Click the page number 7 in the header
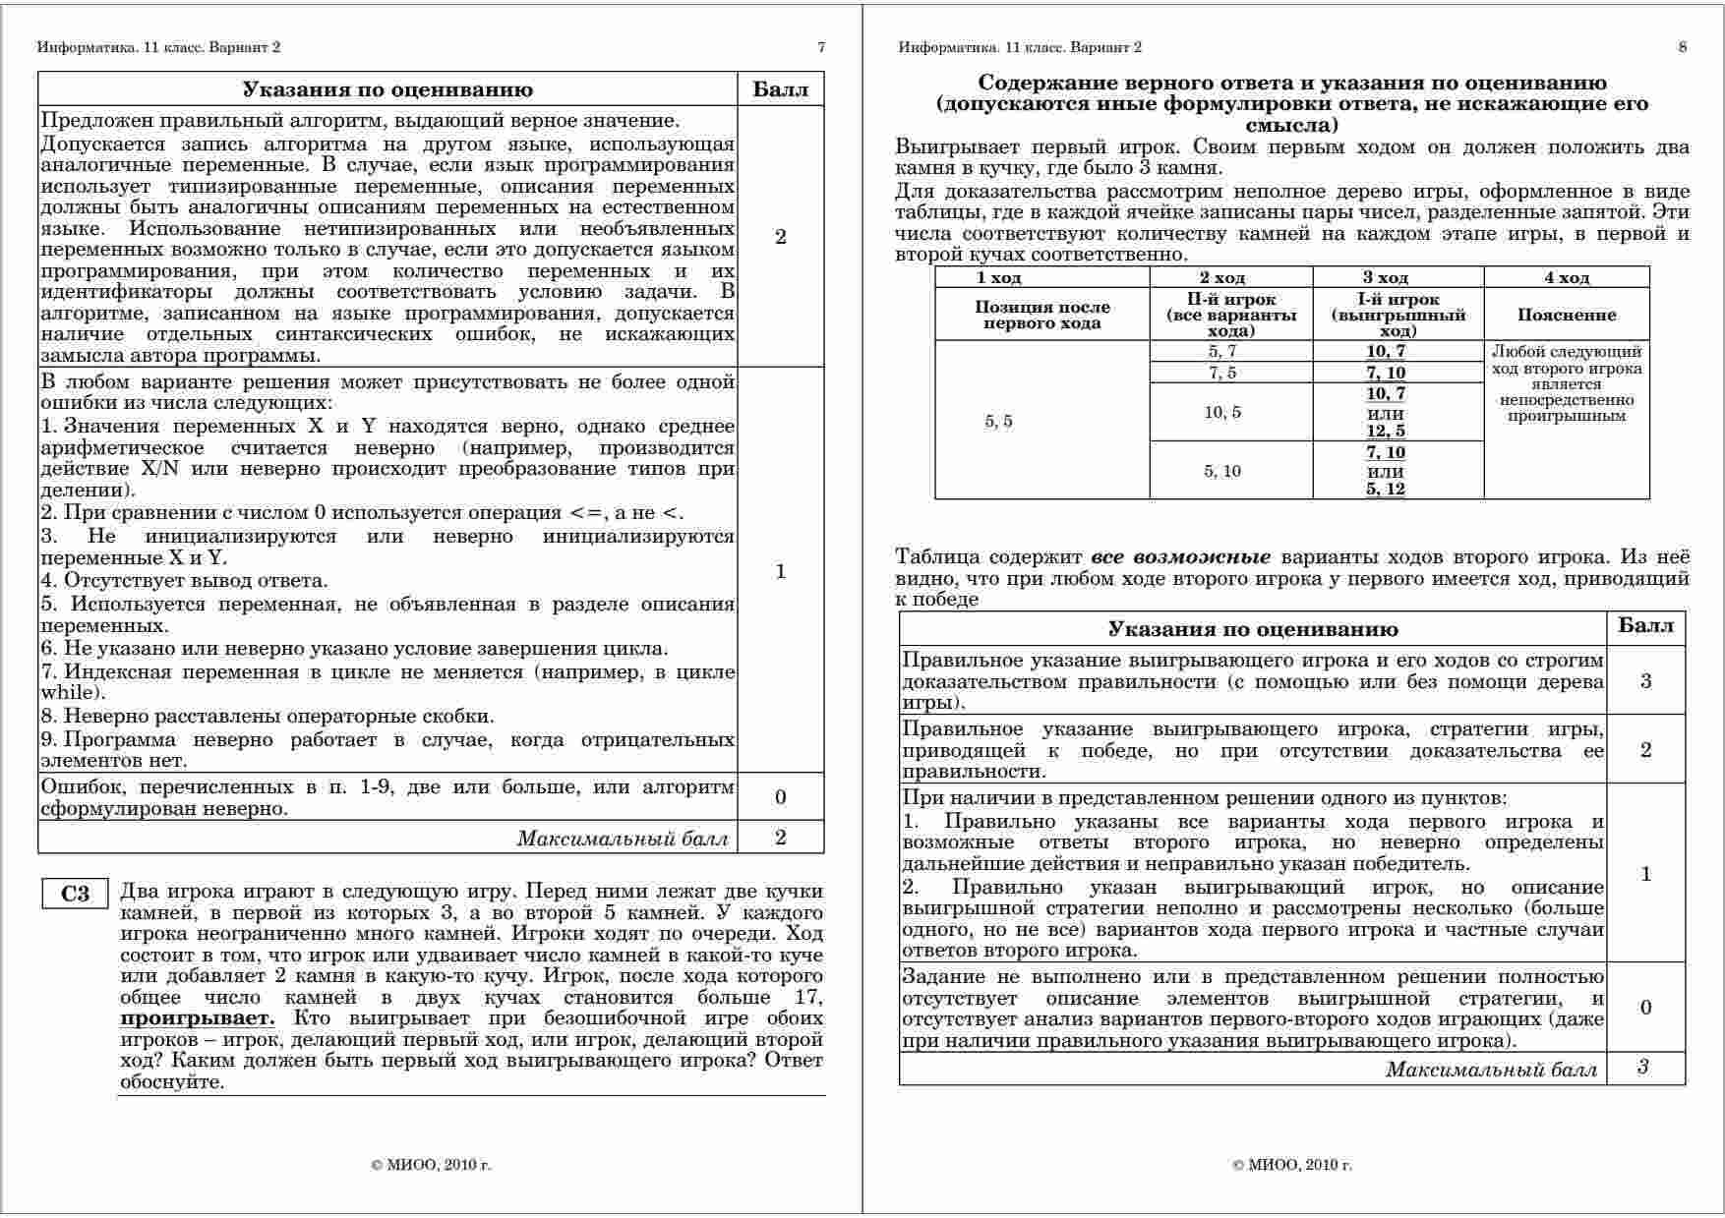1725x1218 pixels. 821,47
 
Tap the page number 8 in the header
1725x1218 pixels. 1683,47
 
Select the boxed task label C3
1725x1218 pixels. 75,894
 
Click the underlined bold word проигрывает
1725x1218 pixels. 198,1018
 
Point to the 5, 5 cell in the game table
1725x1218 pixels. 999,422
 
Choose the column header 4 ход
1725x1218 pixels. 1567,278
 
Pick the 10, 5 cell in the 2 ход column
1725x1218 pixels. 1222,413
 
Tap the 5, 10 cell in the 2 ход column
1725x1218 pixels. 1222,472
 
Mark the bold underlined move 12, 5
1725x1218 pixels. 1385,432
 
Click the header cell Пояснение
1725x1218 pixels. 1567,316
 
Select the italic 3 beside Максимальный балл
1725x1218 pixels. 1643,1069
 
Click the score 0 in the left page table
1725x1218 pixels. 781,797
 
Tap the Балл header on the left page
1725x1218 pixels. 781,90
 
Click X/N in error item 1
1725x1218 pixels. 157,469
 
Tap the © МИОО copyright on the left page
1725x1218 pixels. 432,1165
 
